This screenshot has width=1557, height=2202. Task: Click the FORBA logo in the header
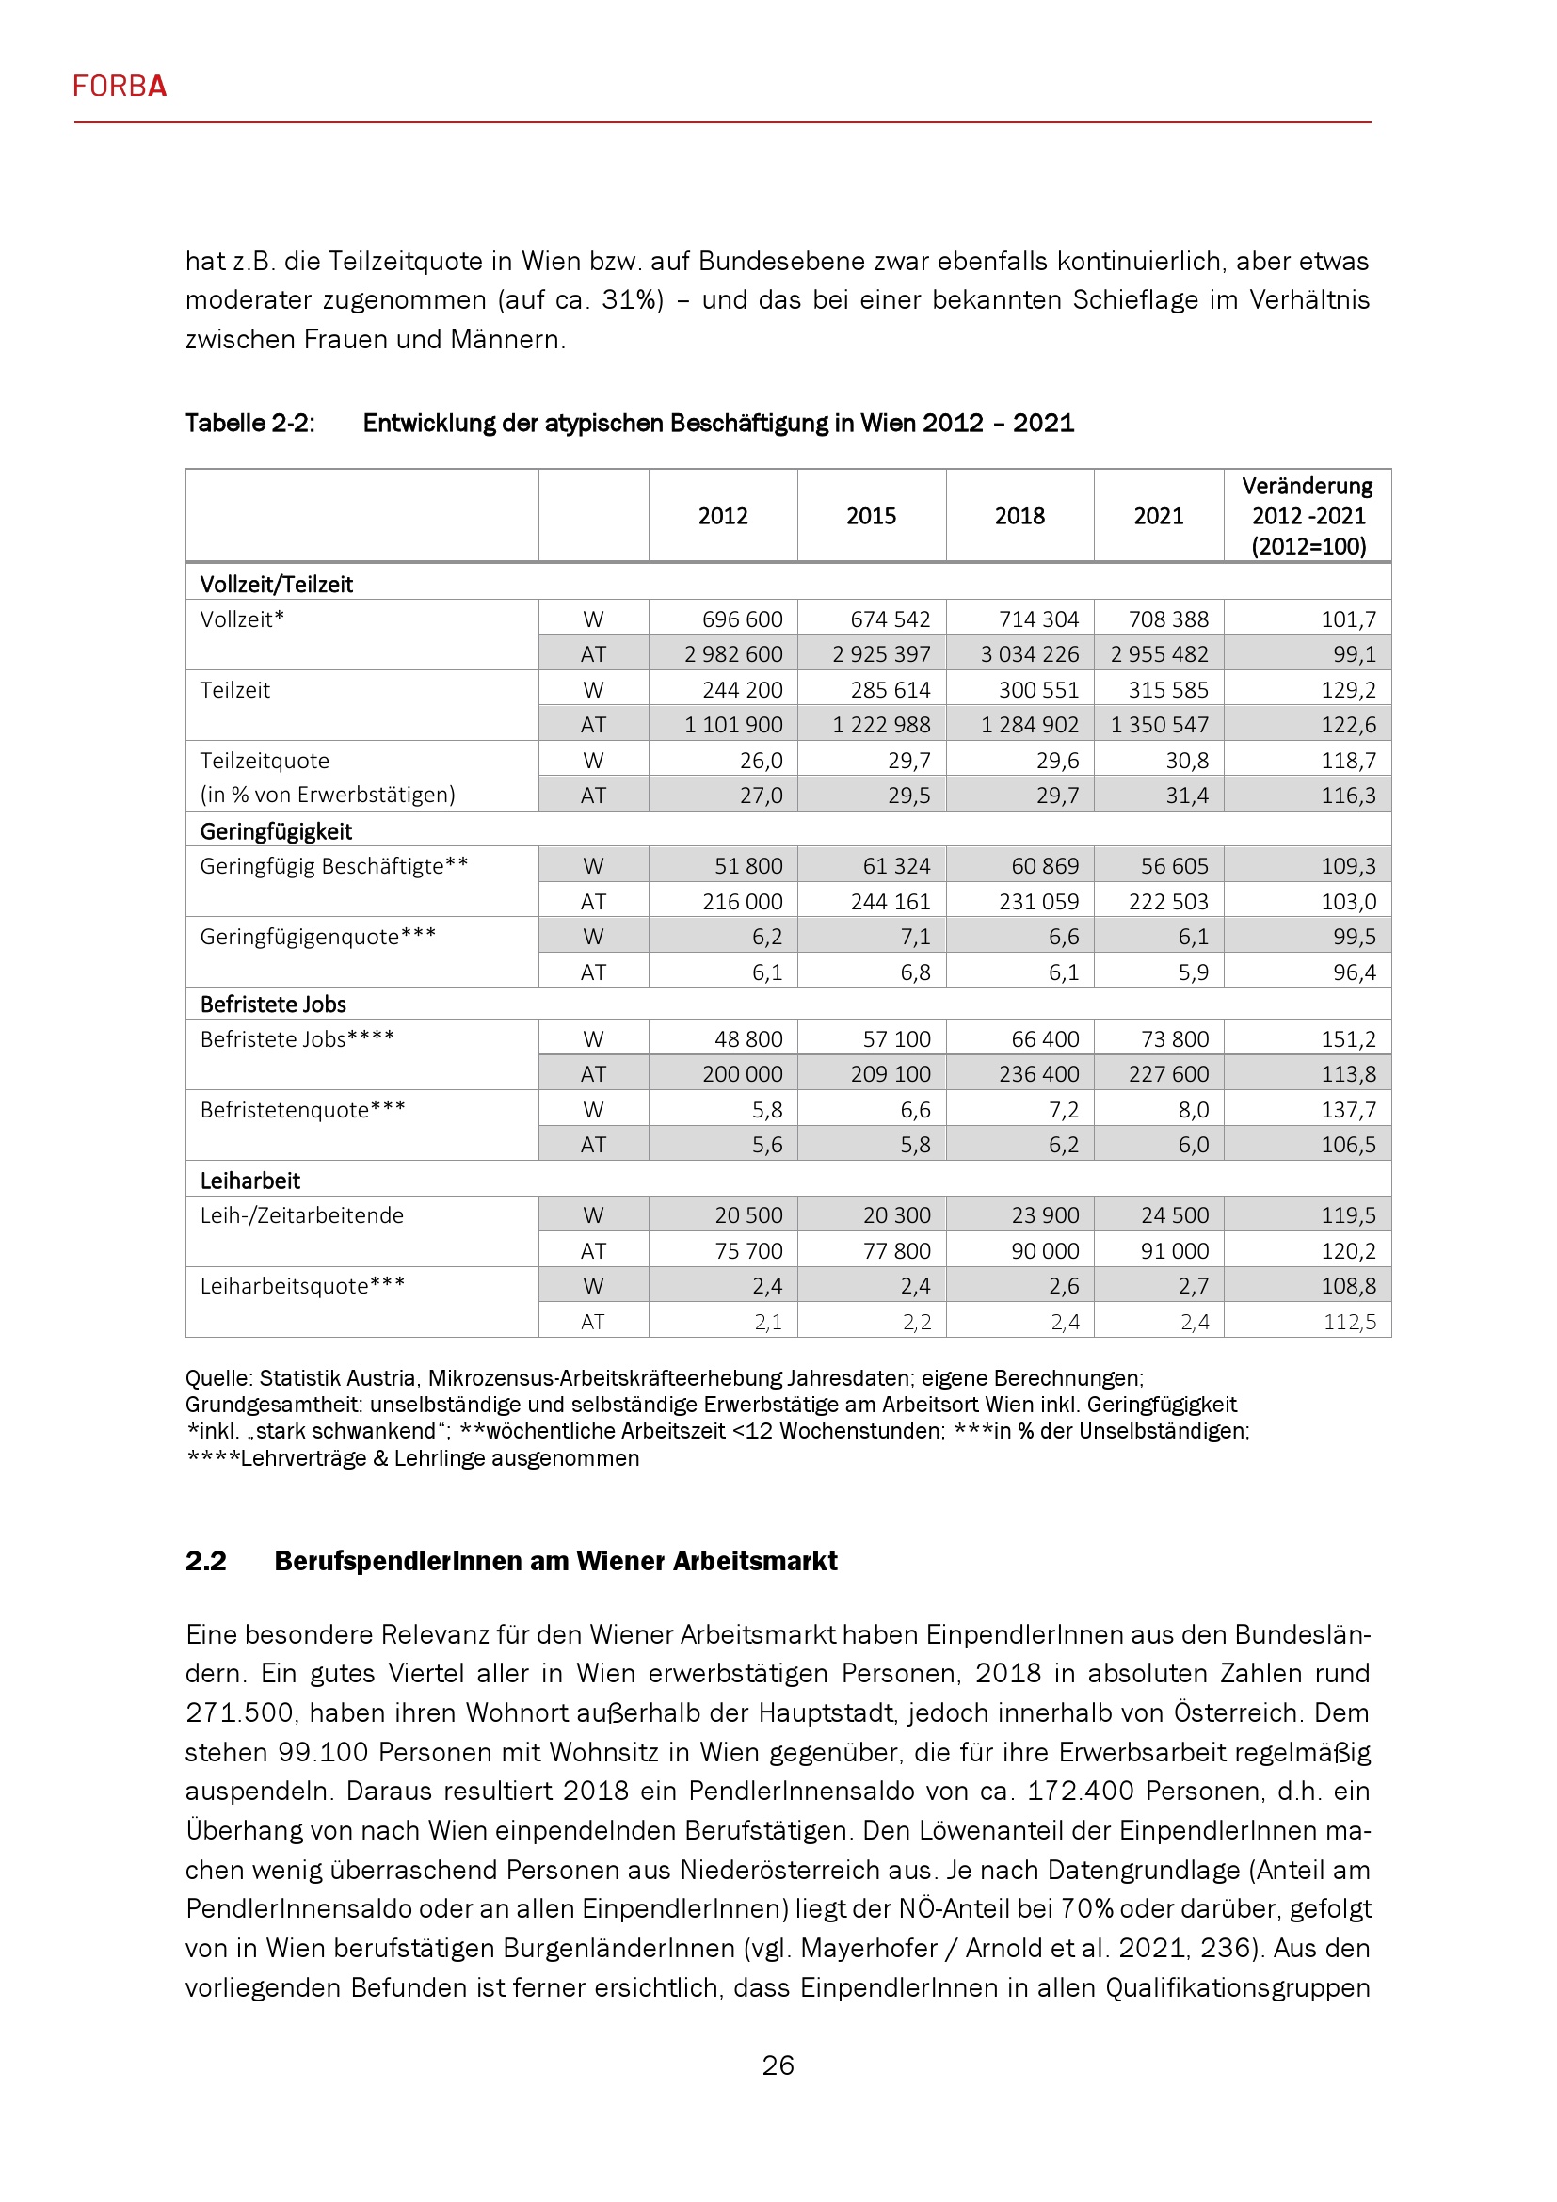(x=120, y=87)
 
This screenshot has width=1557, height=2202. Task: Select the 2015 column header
(x=871, y=516)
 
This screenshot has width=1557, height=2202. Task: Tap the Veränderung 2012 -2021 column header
(x=1308, y=516)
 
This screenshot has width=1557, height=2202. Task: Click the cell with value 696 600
(x=742, y=619)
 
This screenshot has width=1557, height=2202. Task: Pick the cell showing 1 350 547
(x=1159, y=725)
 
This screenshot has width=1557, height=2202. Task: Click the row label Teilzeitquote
(x=265, y=761)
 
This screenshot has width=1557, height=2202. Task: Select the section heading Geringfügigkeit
(x=276, y=831)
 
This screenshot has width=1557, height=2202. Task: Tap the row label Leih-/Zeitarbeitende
(x=302, y=1215)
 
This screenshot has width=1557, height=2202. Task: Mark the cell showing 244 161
(x=891, y=902)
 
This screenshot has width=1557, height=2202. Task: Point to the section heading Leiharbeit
(x=250, y=1181)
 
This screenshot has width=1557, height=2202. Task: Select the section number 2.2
(x=206, y=1561)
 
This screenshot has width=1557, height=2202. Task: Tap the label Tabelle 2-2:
(x=250, y=423)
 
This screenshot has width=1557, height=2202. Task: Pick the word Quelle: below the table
(x=219, y=1378)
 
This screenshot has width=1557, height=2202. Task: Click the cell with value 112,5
(x=1349, y=1322)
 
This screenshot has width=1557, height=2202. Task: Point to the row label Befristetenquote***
(x=303, y=1110)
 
